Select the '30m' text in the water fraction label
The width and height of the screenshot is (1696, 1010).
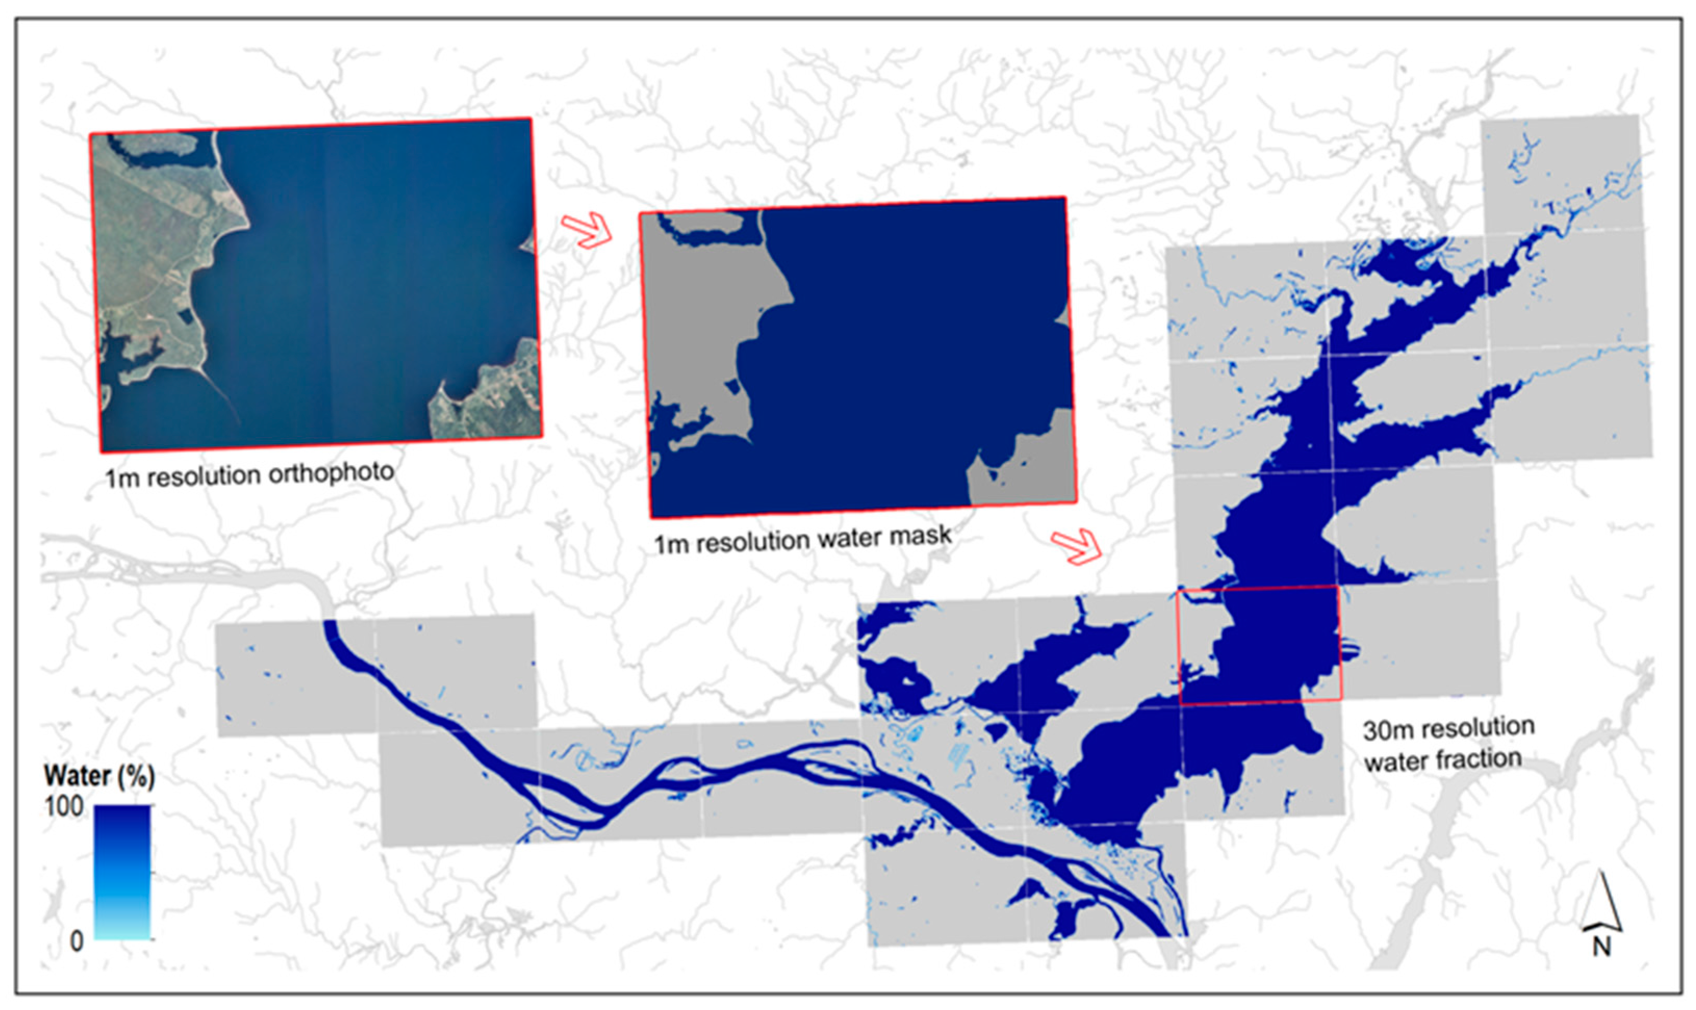pyautogui.click(x=1385, y=730)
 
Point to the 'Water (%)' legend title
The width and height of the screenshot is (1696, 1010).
pyautogui.click(x=99, y=775)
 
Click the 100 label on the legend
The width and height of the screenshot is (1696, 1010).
pyautogui.click(x=64, y=807)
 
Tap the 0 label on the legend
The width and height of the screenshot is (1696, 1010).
pyautogui.click(x=76, y=941)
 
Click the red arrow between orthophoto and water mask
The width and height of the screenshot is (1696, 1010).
pyautogui.click(x=587, y=229)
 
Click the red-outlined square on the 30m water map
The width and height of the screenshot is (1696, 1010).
pyautogui.click(x=1259, y=644)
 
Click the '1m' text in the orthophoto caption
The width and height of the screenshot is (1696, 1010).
pyautogui.click(x=122, y=478)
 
